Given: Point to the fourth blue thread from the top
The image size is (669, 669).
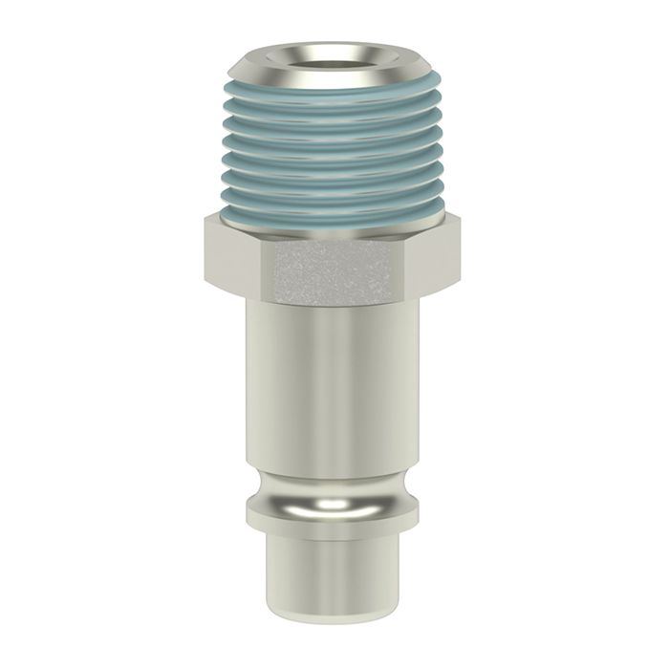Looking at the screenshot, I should coord(334,138).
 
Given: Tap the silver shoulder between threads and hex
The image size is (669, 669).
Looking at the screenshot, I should coord(334,227).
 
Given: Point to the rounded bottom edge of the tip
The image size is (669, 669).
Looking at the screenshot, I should coord(334,623).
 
